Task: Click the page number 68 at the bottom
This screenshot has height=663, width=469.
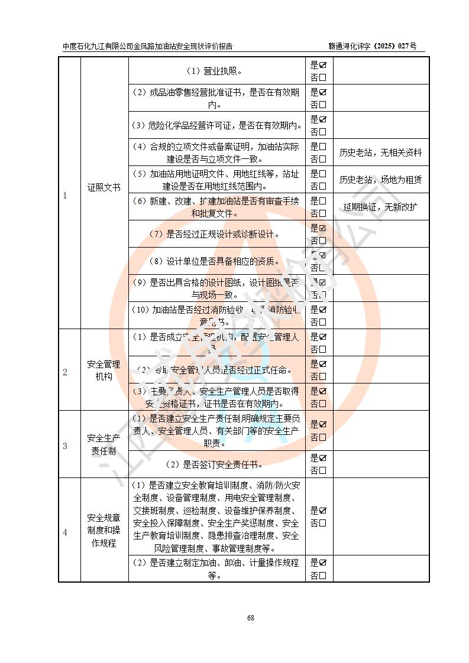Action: [251, 618]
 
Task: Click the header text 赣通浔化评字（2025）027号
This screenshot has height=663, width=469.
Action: [373, 46]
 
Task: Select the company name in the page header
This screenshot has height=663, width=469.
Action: [148, 46]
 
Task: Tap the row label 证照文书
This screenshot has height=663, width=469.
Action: [104, 187]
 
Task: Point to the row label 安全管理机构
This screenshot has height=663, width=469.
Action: [104, 370]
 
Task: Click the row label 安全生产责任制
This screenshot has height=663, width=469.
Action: [104, 444]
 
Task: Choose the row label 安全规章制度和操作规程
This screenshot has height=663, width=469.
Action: [104, 530]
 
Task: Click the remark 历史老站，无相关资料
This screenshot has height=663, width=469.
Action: [381, 153]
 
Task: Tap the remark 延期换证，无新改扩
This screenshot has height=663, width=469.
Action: [381, 207]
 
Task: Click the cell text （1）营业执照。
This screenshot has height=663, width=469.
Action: [216, 71]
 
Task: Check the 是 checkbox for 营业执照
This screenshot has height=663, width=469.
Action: [323, 65]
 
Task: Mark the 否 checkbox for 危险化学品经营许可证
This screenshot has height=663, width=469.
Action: [323, 132]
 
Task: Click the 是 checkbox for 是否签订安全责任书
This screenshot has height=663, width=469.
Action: [323, 458]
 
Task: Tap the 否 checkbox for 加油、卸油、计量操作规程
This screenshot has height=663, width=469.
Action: [323, 576]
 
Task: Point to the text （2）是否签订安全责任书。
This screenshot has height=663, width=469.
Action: [216, 464]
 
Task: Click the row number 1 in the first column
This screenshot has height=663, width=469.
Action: [65, 196]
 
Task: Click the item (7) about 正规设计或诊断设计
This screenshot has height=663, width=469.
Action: [216, 234]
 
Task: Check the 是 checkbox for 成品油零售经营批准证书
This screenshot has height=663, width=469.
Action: [323, 92]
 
